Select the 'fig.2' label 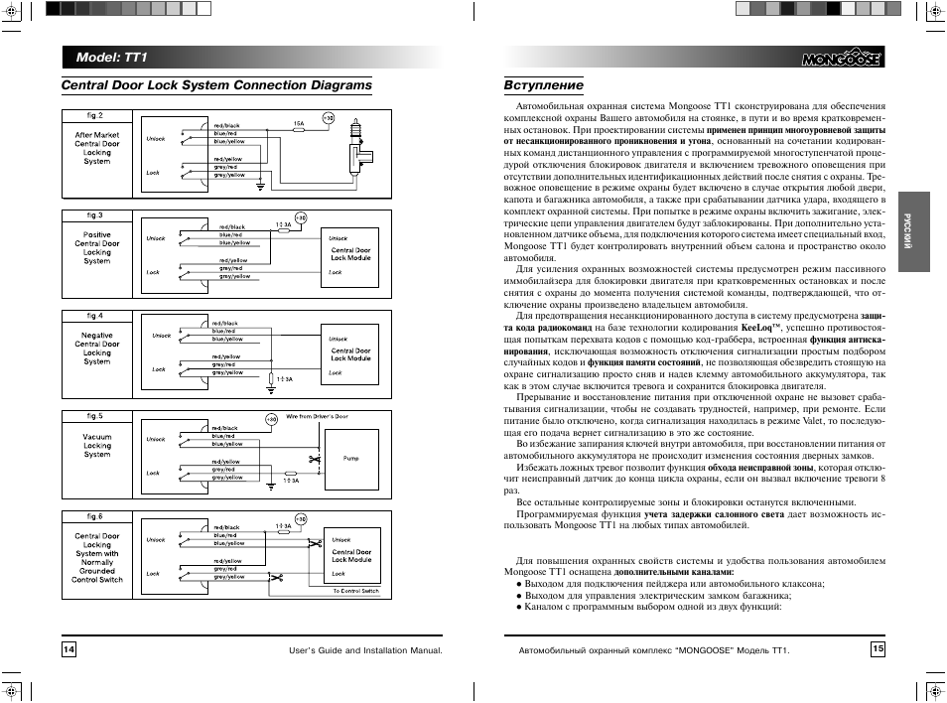(95, 115)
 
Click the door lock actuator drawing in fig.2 (354, 148)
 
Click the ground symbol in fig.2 (259, 186)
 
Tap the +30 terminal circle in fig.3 (301, 217)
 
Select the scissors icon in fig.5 (313, 459)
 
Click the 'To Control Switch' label (356, 590)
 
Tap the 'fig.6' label (94, 516)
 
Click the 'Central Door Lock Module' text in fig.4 (351, 354)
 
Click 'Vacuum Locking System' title (97, 446)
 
